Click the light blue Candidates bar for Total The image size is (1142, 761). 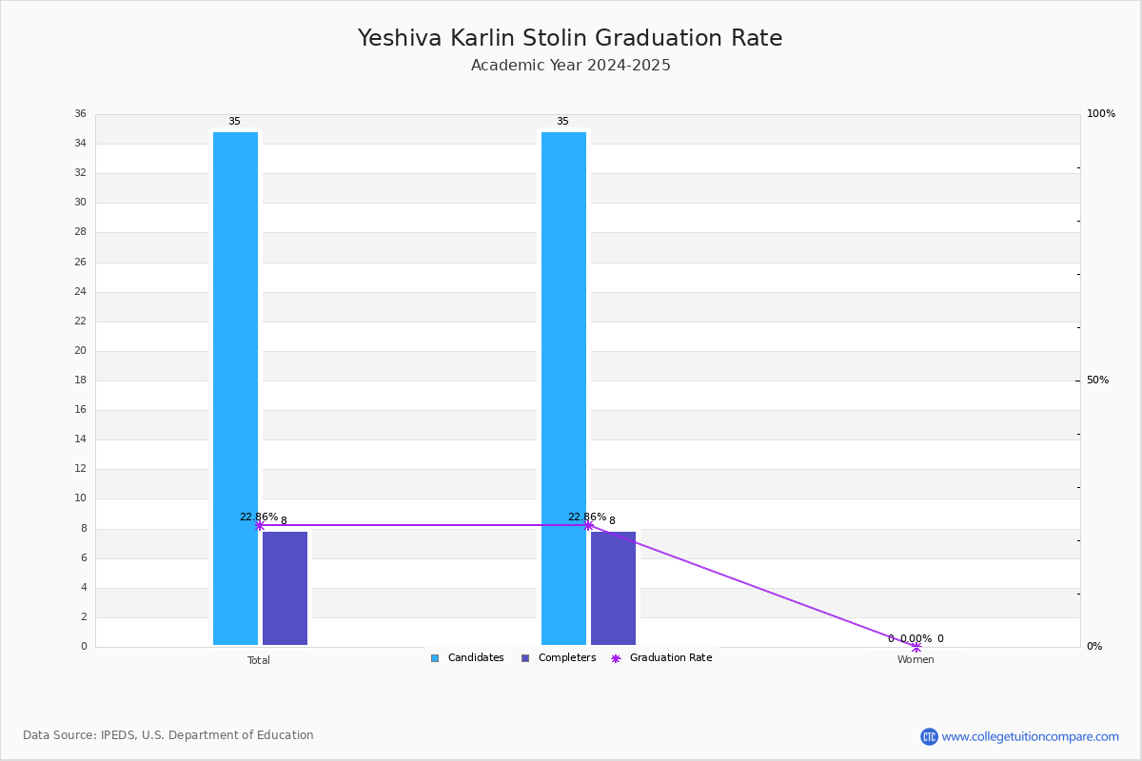(x=235, y=388)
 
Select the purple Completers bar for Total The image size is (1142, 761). (x=285, y=588)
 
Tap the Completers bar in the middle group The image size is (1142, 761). (x=613, y=588)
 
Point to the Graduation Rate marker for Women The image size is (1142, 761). (x=916, y=647)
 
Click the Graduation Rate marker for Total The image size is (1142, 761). (x=260, y=525)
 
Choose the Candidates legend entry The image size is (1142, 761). (x=467, y=658)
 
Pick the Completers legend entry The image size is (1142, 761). (x=559, y=658)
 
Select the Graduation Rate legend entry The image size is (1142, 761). (x=661, y=658)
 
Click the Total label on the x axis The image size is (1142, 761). (x=259, y=660)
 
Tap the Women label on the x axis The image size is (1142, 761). (x=916, y=659)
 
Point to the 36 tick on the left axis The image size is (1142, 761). (x=81, y=113)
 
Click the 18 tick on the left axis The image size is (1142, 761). (x=81, y=380)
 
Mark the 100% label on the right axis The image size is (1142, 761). (x=1101, y=113)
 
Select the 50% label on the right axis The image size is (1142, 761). (x=1097, y=380)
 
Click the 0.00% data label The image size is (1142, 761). (x=916, y=638)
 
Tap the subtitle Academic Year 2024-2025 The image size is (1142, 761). (x=570, y=66)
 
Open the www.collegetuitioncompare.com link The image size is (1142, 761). (x=1030, y=736)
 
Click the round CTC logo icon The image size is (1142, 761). (x=929, y=736)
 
